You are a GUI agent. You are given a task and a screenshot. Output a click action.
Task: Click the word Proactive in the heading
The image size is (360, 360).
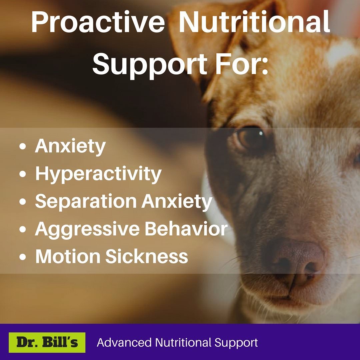98,22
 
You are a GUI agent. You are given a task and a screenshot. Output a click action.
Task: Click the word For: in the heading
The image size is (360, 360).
242,63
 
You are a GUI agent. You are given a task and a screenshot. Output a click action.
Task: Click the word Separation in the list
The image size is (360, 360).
86,201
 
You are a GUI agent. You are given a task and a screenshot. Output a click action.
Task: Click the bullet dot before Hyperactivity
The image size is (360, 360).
23,174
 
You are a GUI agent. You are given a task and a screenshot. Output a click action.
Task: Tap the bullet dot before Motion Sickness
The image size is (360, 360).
23,256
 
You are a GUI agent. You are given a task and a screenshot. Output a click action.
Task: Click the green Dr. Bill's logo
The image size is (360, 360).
47,342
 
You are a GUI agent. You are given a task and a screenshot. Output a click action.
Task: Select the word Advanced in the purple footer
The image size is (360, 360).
124,342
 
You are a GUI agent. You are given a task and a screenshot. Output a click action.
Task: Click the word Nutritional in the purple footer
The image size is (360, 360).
183,342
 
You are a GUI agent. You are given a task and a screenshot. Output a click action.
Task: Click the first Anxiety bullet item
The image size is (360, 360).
70,146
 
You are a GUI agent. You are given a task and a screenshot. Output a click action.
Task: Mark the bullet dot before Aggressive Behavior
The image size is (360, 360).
23,229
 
